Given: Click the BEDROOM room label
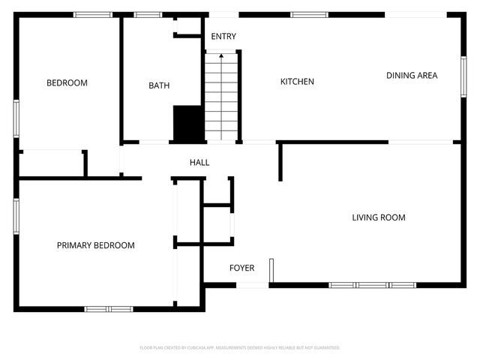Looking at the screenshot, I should [x=67, y=83].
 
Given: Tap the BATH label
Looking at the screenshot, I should [x=159, y=85].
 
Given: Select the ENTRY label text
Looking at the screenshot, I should [x=223, y=37].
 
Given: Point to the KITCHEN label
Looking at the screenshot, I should [x=297, y=82].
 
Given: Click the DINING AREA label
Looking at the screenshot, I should [x=412, y=75].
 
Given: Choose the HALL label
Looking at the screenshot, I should [x=199, y=162].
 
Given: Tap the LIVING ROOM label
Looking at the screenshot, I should [x=379, y=217].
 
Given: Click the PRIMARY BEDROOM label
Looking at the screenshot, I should [x=96, y=245].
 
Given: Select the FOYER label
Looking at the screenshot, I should [x=241, y=268].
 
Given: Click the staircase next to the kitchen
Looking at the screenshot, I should [x=221, y=97].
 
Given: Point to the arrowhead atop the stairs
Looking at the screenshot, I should [x=221, y=55].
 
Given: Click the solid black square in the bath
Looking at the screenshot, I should [x=187, y=123].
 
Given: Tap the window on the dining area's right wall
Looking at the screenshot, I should [x=463, y=76].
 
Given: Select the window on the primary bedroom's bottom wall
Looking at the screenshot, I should [x=109, y=308].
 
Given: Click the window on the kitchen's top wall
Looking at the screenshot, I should [x=303, y=14].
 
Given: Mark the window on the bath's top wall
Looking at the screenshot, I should [x=147, y=14].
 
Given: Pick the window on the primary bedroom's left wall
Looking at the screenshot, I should [x=16, y=216].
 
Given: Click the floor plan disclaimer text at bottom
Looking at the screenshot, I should [x=240, y=348].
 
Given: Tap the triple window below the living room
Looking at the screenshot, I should [x=373, y=285].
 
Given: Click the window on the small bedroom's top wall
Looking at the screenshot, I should [x=93, y=14].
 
